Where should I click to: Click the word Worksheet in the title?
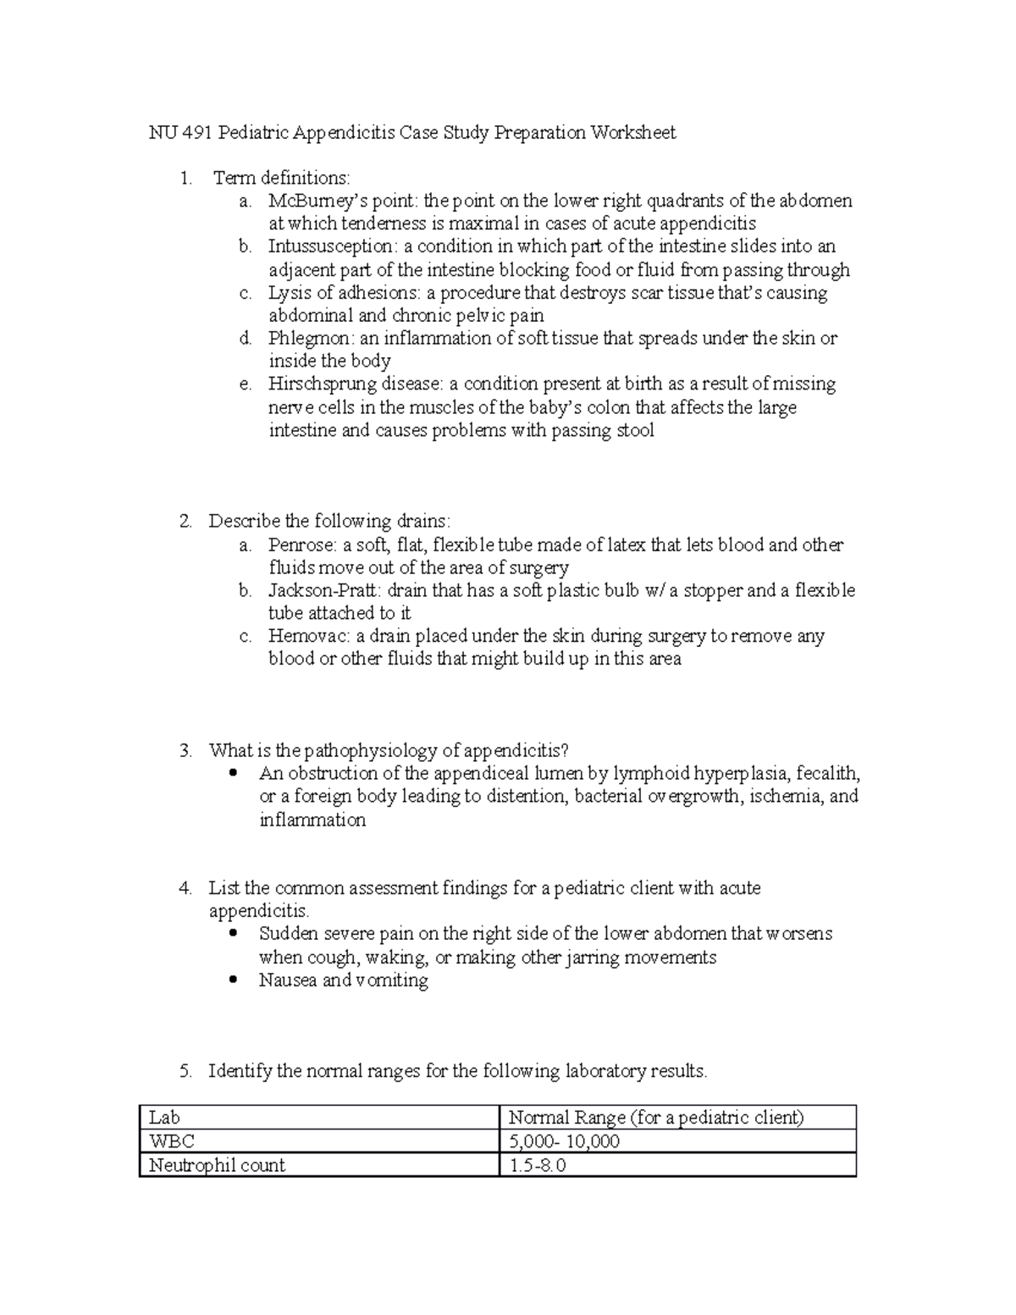(633, 133)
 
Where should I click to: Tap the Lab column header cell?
(319, 1118)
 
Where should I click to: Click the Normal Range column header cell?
(677, 1118)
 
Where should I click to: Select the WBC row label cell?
(319, 1141)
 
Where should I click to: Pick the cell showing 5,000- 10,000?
(677, 1141)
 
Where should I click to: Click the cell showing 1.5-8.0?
(677, 1165)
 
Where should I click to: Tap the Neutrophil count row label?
(218, 1165)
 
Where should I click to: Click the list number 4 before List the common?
(185, 889)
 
